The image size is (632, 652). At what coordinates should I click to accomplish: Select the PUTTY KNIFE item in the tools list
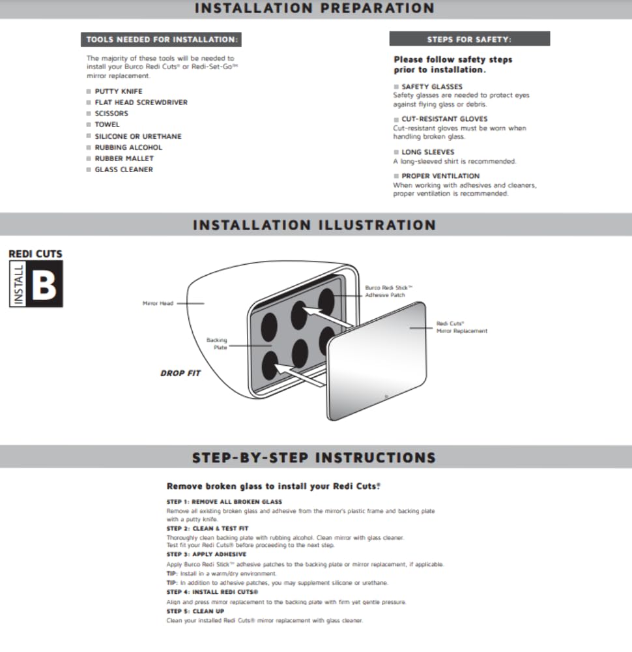[x=118, y=91]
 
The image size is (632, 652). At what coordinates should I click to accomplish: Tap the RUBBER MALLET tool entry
[x=124, y=158]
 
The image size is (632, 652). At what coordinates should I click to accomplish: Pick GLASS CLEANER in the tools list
[x=124, y=170]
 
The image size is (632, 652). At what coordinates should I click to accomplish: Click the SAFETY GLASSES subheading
[x=431, y=87]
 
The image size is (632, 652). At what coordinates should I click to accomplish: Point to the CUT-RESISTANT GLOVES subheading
[x=444, y=119]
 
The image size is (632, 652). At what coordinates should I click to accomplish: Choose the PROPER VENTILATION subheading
[x=440, y=176]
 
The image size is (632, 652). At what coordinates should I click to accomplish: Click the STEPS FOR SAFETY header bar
[x=469, y=39]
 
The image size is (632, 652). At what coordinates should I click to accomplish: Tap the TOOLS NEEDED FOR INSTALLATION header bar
[x=162, y=40]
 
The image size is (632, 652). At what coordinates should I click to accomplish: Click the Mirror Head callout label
[x=158, y=303]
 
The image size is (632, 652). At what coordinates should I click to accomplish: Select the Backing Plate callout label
[x=216, y=344]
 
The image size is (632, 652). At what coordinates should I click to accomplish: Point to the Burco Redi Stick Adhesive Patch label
[x=389, y=291]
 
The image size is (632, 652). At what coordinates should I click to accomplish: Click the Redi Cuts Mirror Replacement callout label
[x=461, y=327]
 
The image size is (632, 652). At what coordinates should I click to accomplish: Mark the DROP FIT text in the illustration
[x=180, y=374]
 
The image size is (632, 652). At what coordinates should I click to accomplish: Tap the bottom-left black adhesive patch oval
[x=270, y=366]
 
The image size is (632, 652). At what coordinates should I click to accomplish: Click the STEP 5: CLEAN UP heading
[x=195, y=611]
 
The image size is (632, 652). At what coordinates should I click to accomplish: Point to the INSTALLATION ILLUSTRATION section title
[x=314, y=225]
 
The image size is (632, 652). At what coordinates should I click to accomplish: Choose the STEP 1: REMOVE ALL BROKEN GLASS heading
[x=224, y=501]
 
